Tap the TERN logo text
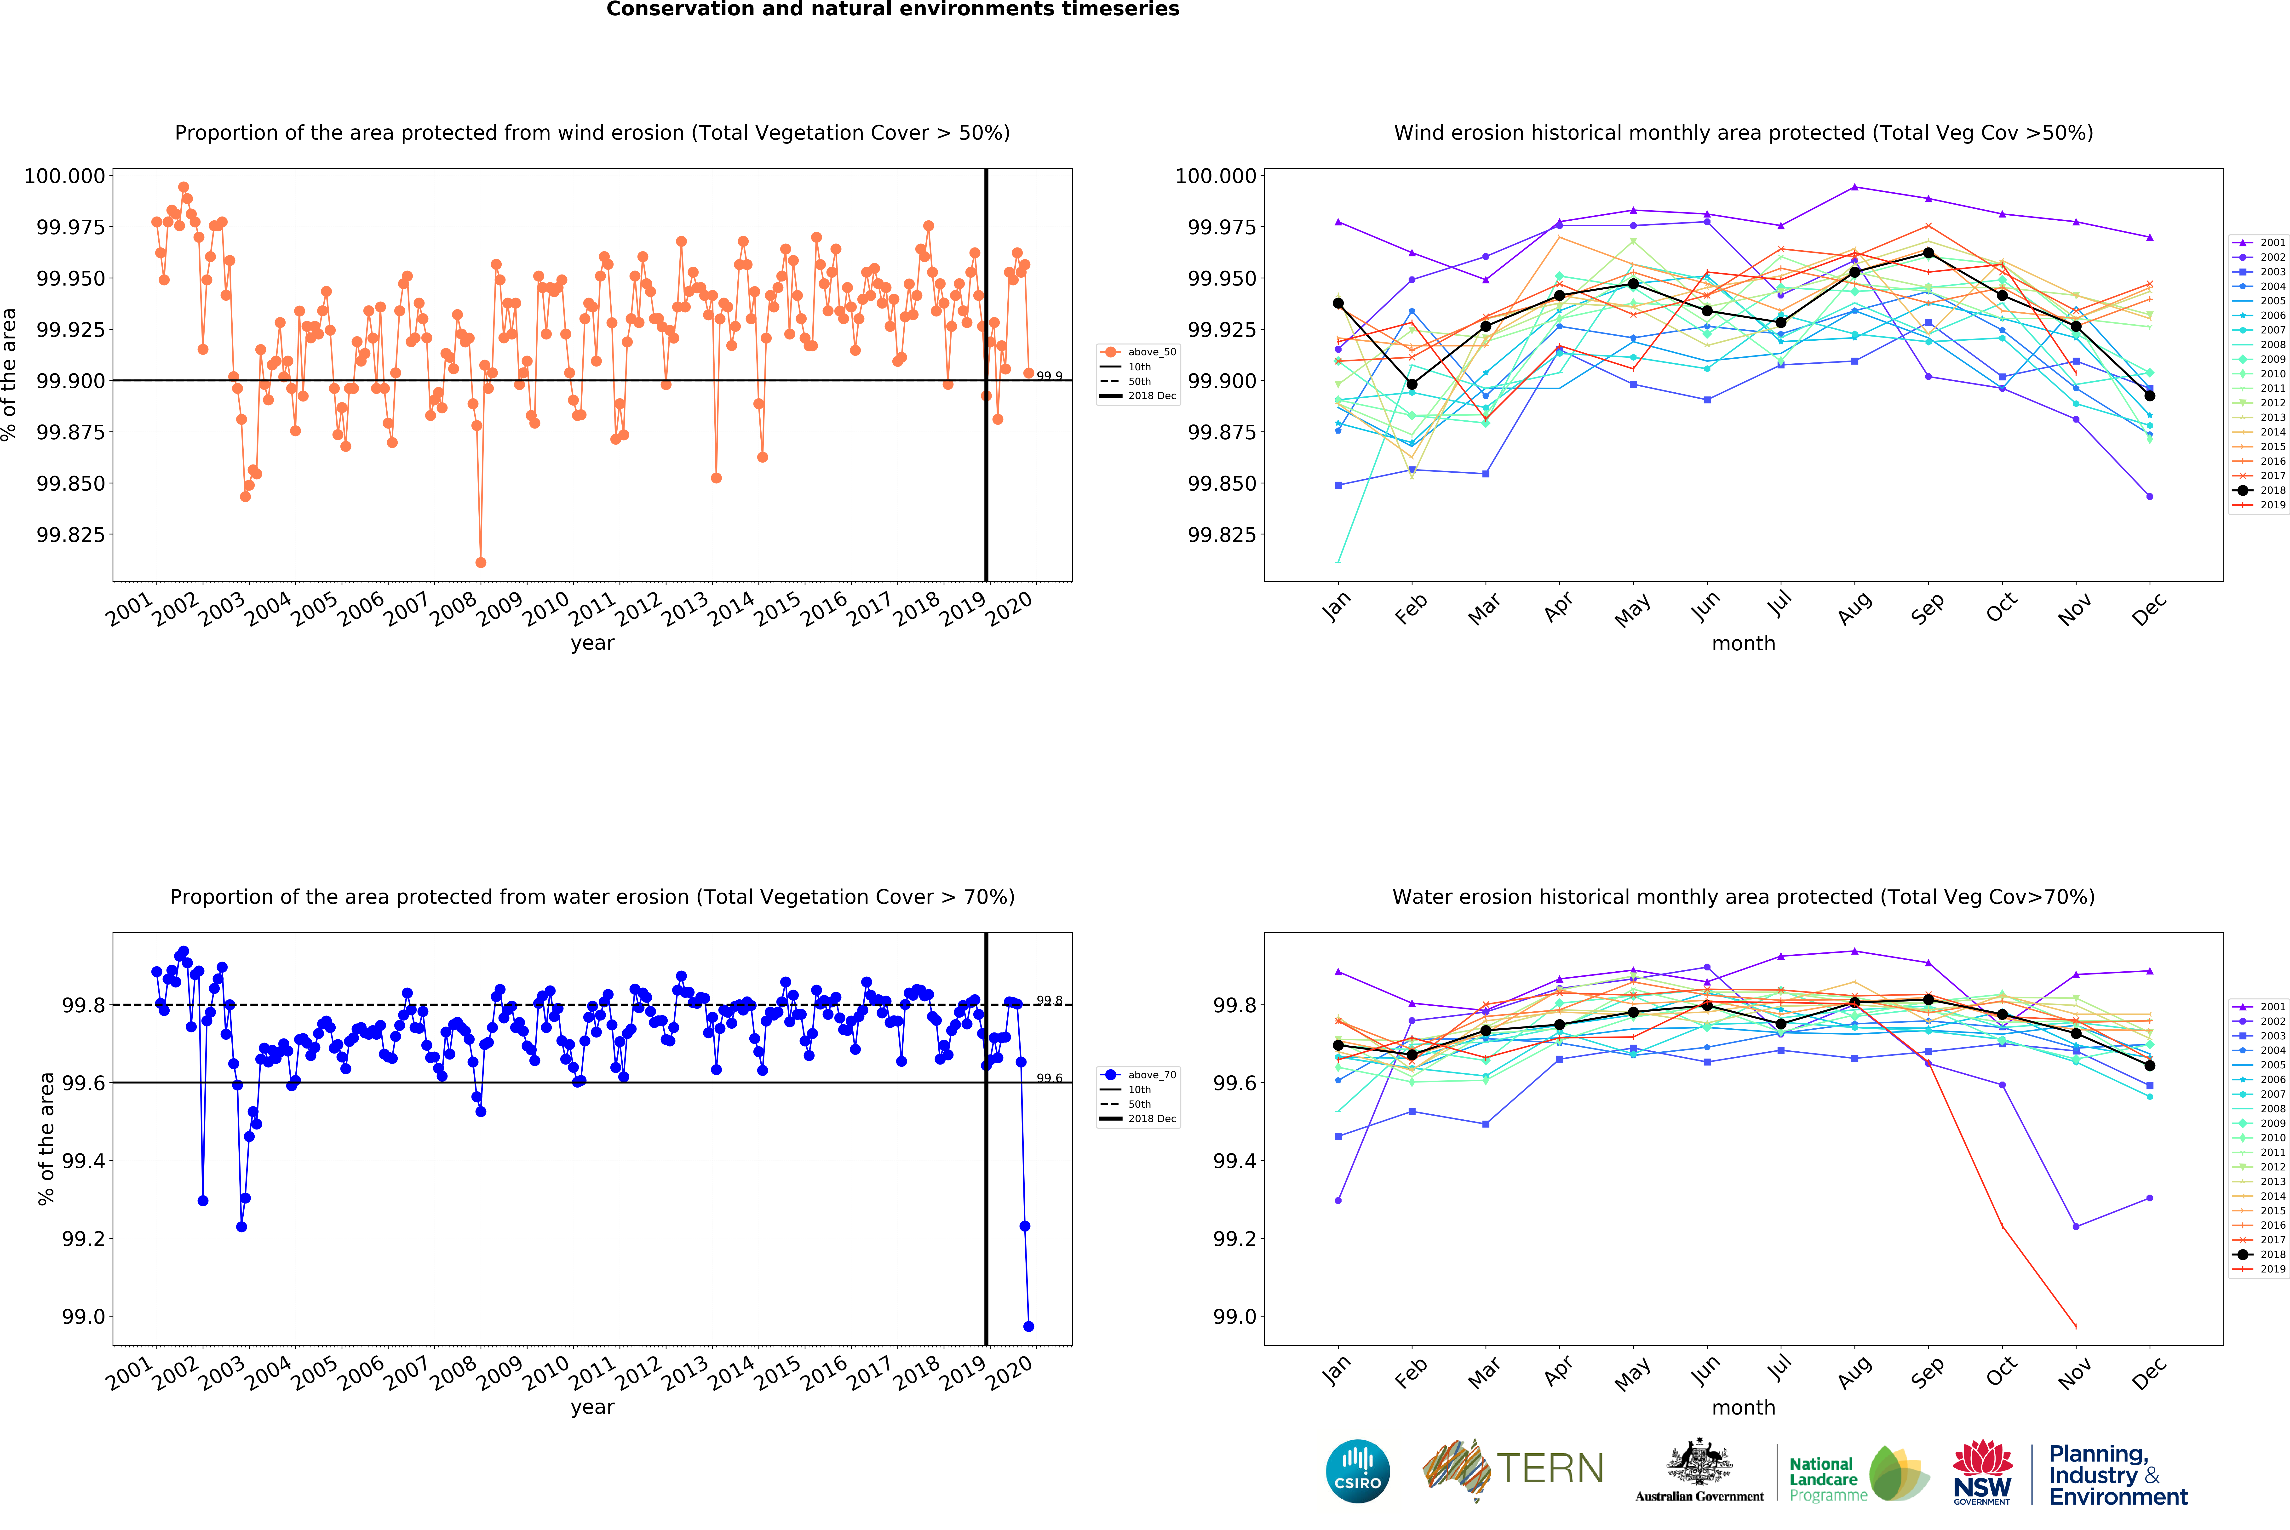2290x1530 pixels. (x=1550, y=1468)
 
